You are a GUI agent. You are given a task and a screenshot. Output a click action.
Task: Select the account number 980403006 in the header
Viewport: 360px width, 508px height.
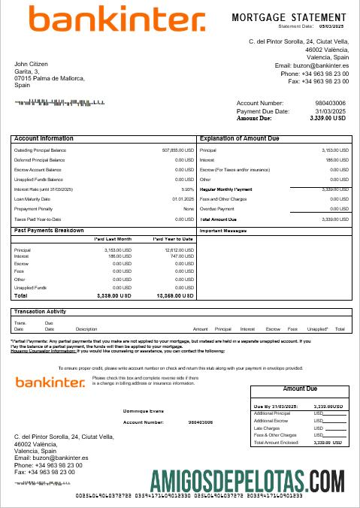[330, 103]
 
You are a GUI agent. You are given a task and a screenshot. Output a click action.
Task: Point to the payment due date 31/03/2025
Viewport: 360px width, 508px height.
[330, 111]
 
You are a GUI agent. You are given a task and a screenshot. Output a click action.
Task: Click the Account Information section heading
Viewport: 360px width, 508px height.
[44, 139]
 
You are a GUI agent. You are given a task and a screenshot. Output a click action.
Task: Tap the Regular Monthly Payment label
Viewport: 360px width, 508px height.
[226, 189]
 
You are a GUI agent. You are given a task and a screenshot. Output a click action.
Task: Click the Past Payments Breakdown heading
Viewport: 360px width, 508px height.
[49, 230]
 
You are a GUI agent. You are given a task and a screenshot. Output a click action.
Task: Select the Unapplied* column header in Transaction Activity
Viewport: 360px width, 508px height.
[317, 329]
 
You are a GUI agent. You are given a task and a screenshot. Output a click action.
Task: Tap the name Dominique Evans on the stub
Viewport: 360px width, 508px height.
[143, 411]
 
